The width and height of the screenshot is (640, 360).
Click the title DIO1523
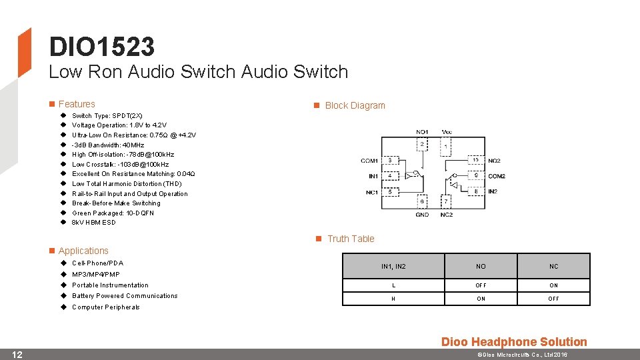[101, 47]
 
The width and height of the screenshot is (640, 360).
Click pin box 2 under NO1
[422, 144]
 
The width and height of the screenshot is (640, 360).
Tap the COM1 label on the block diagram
[369, 161]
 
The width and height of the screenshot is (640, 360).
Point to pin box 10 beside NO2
[475, 160]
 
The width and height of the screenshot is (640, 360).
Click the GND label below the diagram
[422, 215]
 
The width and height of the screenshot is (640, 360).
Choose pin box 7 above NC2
[446, 201]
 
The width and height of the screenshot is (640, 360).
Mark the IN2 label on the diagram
[493, 192]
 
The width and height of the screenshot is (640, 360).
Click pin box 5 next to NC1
[390, 192]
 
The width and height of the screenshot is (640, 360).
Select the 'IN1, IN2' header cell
[393, 266]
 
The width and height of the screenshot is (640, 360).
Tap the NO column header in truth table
[481, 266]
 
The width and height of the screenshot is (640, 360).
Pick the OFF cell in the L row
[481, 285]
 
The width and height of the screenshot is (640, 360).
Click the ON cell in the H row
[481, 299]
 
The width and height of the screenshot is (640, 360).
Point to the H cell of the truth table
[393, 299]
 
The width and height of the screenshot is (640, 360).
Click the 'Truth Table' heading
[351, 239]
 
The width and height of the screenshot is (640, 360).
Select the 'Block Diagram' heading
[355, 105]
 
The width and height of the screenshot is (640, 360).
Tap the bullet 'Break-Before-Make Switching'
[116, 203]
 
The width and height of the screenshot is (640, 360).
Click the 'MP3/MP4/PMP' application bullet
[96, 274]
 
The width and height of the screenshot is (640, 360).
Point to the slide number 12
[18, 354]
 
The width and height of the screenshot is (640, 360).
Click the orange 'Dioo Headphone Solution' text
[514, 342]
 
